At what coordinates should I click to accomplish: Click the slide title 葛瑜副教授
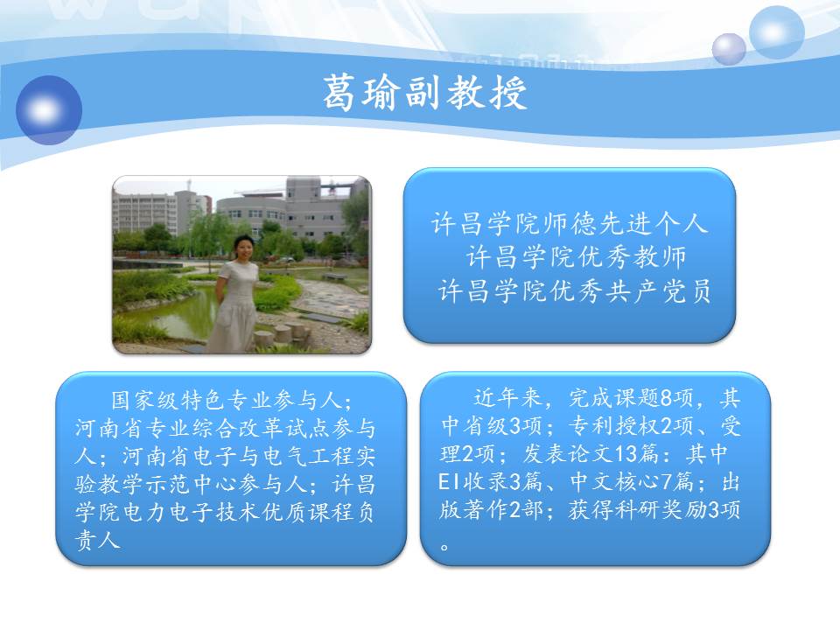tap(425, 93)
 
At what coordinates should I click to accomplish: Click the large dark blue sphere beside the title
tap(49, 110)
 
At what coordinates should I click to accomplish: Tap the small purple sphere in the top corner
tap(729, 49)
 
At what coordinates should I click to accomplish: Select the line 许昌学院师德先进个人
tap(570, 223)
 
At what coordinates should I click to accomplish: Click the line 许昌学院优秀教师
tap(577, 257)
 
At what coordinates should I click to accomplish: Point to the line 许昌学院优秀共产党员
tap(574, 290)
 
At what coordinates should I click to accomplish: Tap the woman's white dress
tap(234, 305)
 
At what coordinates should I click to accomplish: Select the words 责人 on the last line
tap(97, 540)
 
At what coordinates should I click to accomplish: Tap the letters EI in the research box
tap(449, 481)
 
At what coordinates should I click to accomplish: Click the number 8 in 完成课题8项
tap(667, 398)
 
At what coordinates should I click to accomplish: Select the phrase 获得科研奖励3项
tap(654, 509)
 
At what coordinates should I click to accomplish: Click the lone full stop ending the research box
tap(444, 547)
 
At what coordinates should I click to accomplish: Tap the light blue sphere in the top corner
tap(776, 32)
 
